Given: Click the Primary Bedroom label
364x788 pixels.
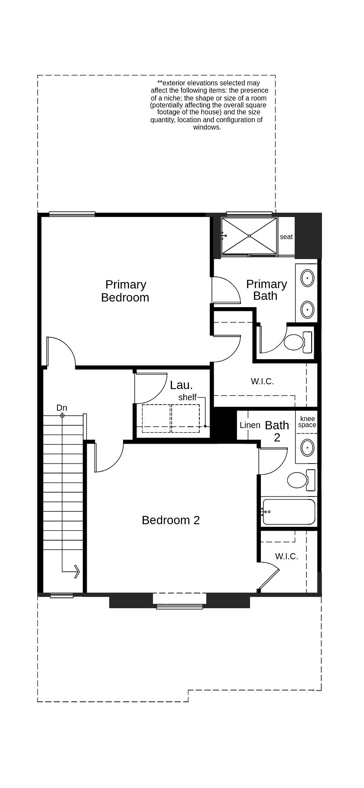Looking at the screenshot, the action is [x=125, y=291].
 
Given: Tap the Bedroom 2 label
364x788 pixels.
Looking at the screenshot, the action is [x=171, y=520].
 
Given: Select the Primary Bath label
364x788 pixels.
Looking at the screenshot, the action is [x=266, y=290].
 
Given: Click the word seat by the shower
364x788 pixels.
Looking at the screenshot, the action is [x=286, y=237].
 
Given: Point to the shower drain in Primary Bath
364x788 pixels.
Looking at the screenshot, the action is [x=249, y=236].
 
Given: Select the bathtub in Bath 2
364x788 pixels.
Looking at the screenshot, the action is [x=289, y=512].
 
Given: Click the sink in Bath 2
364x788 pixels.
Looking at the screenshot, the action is [x=307, y=448].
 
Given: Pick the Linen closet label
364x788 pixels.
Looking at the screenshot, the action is [x=250, y=425].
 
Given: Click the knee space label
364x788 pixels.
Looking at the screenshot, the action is [x=307, y=422].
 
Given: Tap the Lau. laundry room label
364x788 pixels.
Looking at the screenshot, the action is [x=181, y=385].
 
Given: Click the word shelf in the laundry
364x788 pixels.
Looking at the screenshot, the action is [x=187, y=397].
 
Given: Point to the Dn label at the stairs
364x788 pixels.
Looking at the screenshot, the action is [x=62, y=408].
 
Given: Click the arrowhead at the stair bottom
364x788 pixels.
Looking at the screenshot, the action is [x=77, y=572].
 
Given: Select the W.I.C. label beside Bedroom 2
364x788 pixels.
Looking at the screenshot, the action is [x=286, y=556].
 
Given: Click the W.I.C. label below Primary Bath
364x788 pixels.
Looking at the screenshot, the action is [x=262, y=381].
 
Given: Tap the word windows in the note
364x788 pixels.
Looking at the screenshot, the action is [x=207, y=127].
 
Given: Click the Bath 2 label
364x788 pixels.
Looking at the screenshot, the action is [x=277, y=431].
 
